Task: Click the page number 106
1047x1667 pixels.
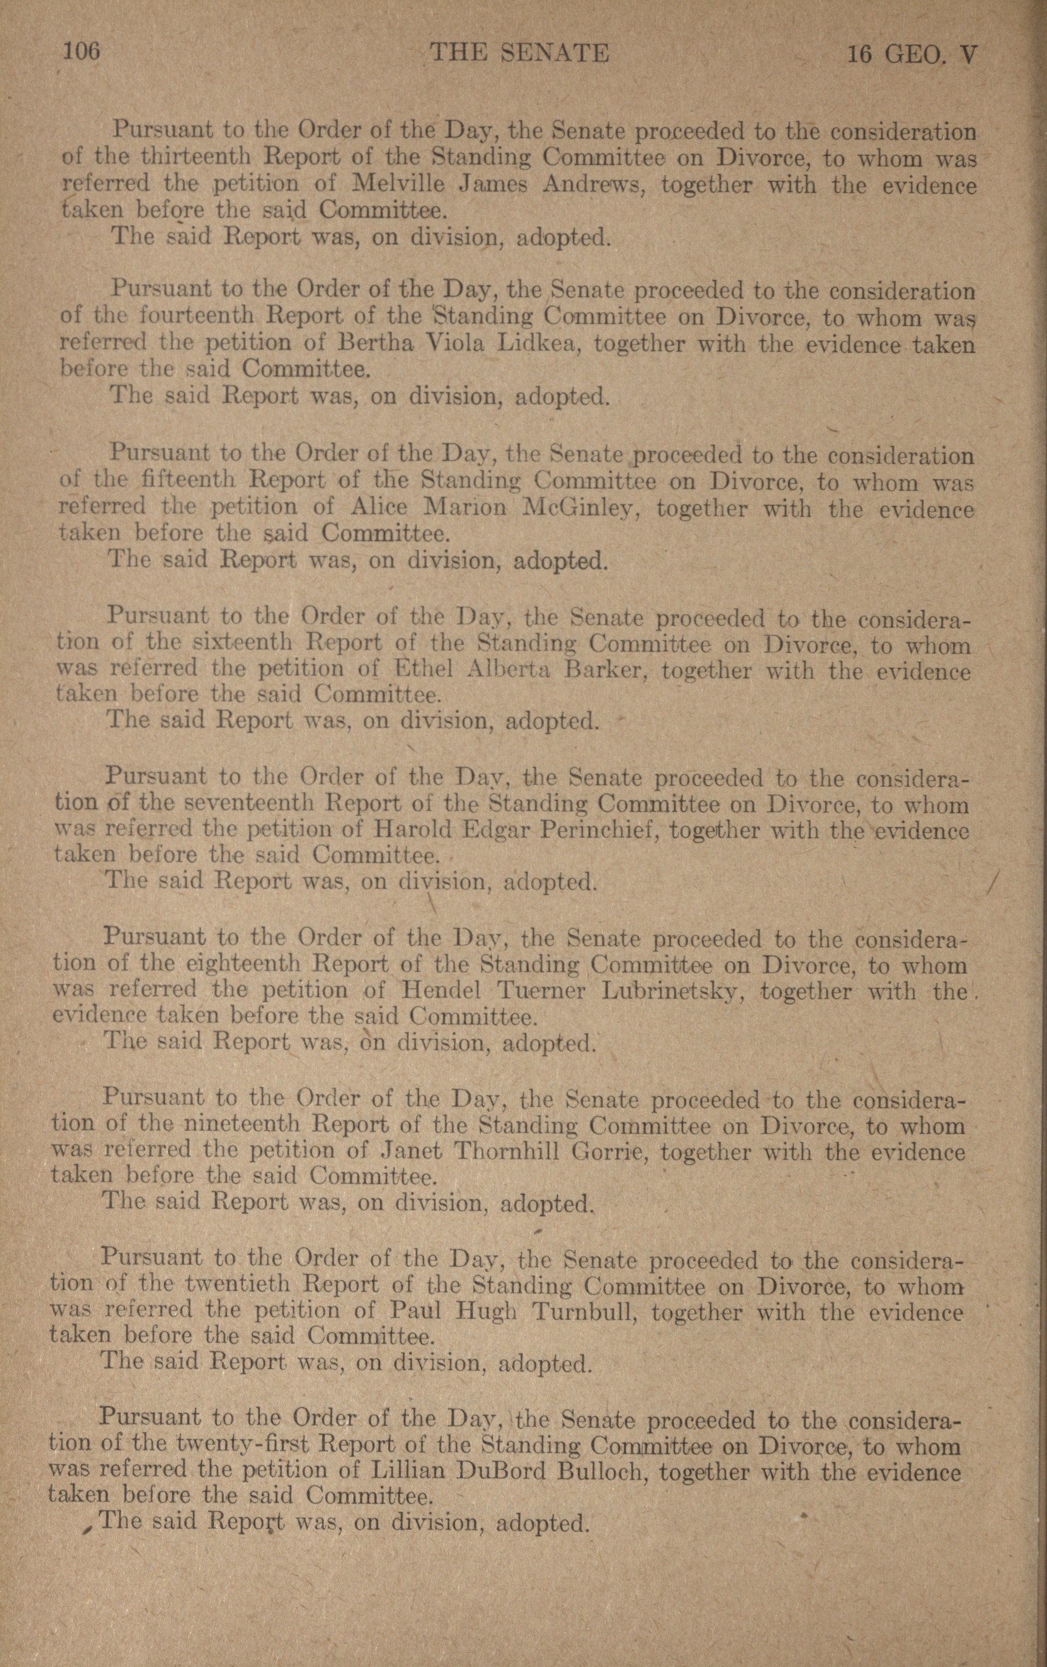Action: pos(82,52)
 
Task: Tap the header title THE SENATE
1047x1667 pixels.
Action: pos(519,53)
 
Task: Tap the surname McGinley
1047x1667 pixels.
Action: pos(577,508)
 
